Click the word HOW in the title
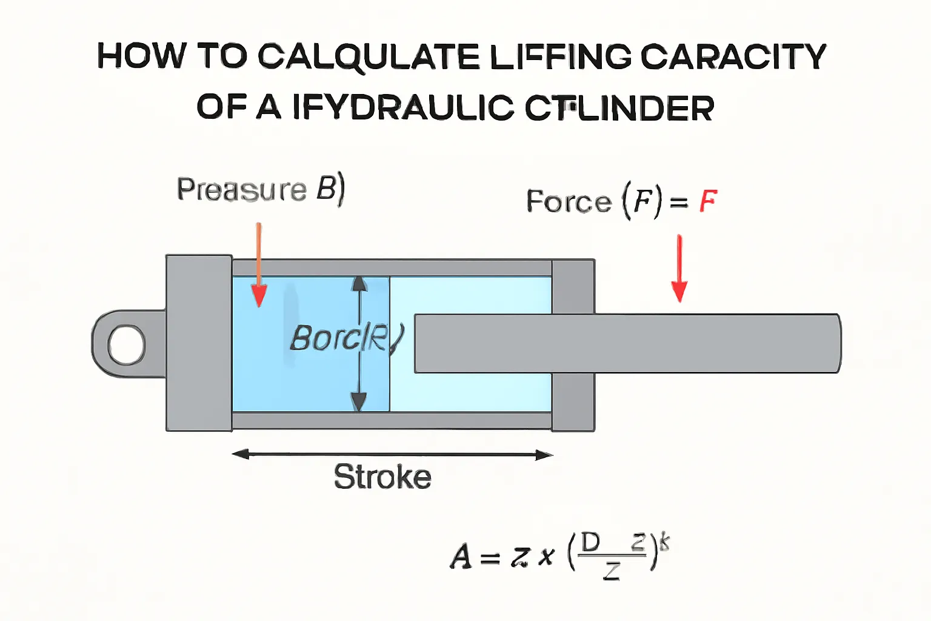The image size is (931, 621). (x=141, y=56)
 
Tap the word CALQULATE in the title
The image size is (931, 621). (x=369, y=58)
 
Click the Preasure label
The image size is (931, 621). (x=242, y=189)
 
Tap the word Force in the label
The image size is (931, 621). (x=569, y=201)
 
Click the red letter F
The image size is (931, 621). (x=708, y=201)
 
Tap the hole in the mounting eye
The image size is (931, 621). (x=127, y=344)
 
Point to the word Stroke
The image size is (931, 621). (x=382, y=477)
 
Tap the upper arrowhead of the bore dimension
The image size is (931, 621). (x=359, y=283)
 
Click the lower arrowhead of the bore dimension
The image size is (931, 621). (x=359, y=401)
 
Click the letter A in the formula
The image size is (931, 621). (x=461, y=556)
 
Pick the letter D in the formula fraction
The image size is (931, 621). (x=590, y=542)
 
